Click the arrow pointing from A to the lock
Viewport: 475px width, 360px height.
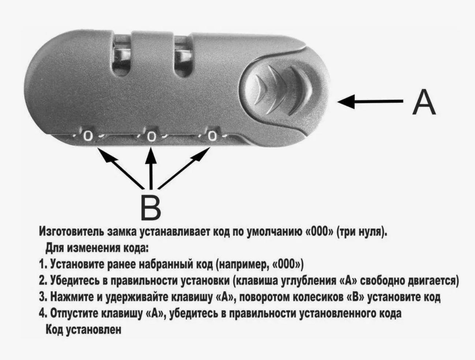(370, 101)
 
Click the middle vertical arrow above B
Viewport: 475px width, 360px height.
(151, 167)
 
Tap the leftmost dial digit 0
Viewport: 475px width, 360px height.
(88, 137)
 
